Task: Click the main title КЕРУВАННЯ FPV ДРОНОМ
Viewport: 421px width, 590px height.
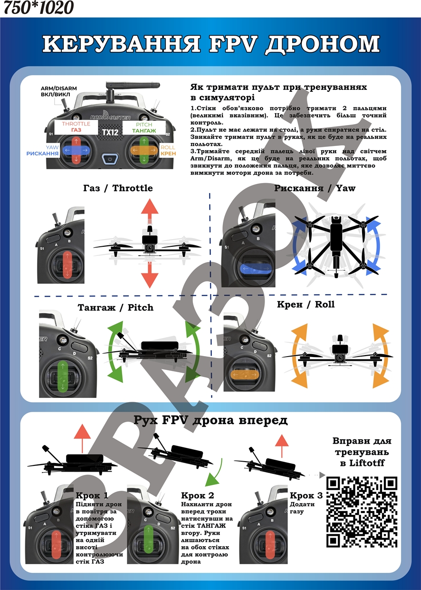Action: click(210, 44)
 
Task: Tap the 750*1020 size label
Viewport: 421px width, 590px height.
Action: click(38, 7)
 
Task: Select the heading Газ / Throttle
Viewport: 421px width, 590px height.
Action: click(118, 188)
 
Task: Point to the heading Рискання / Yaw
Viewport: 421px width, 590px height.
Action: click(315, 188)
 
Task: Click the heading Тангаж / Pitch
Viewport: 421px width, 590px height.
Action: click(115, 308)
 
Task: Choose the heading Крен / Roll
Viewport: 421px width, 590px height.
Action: click(306, 304)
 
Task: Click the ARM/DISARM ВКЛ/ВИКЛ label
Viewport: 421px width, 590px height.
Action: click(59, 92)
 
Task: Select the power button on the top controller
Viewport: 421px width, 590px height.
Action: click(110, 159)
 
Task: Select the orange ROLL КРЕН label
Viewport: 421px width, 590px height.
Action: click(167, 150)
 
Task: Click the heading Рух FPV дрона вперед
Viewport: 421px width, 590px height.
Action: click(210, 420)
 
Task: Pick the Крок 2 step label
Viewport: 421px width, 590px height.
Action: click(198, 495)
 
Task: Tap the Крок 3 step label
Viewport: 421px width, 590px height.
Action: click(306, 495)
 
